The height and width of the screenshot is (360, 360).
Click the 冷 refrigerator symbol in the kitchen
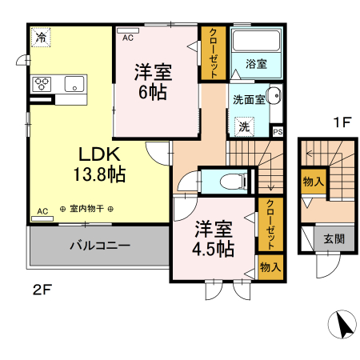[x=40, y=36]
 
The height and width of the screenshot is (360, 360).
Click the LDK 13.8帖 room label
[x=98, y=161]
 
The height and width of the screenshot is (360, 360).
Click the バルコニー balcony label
[x=99, y=246]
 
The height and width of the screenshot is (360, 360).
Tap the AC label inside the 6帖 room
[x=128, y=37]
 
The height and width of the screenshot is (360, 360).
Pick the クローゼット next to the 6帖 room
[x=214, y=53]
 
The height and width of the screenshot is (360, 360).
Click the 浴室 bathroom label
[x=256, y=62]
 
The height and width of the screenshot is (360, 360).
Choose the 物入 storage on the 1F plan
[x=313, y=182]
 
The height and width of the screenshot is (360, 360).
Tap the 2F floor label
[x=42, y=290]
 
